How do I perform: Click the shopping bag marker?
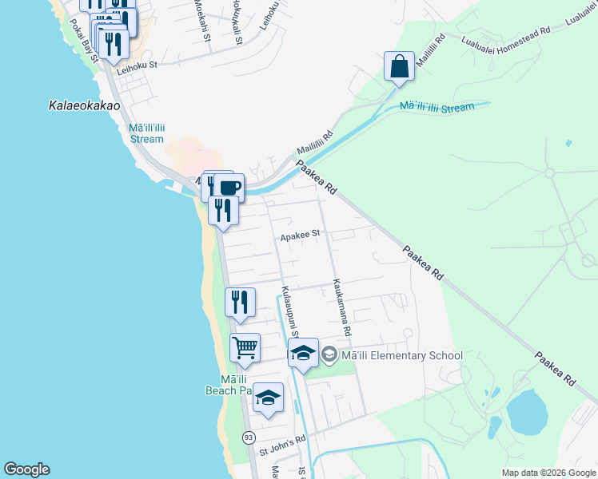[398, 66]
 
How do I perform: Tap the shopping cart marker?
[245, 347]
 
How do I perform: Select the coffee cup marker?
[229, 188]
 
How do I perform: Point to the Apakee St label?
[300, 235]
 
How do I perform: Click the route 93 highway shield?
[249, 437]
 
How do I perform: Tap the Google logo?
[26, 469]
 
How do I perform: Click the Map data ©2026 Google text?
[548, 473]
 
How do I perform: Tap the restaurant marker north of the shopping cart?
[240, 303]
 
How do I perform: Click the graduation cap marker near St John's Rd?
[269, 398]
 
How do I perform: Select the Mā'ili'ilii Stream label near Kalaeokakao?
[146, 133]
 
